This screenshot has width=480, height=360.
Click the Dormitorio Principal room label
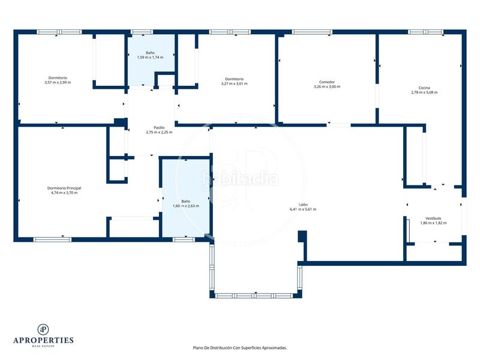click(x=64, y=188)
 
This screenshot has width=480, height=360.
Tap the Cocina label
click(x=424, y=88)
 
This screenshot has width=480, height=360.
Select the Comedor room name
click(x=327, y=82)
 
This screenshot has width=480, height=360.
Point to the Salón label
click(x=303, y=205)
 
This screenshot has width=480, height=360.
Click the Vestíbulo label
click(x=433, y=218)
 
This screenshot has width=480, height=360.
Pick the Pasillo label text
click(x=159, y=128)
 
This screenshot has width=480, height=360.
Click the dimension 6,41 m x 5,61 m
click(x=303, y=209)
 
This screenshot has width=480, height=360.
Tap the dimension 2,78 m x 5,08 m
click(x=424, y=92)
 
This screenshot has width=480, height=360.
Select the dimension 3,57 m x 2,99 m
click(x=58, y=82)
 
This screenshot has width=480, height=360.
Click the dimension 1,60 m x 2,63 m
click(x=186, y=206)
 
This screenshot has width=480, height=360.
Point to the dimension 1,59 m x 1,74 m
click(x=150, y=57)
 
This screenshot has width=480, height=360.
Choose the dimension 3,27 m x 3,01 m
click(x=234, y=83)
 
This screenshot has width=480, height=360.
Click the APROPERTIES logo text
click(x=43, y=340)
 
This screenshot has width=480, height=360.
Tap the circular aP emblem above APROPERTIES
click(x=43, y=329)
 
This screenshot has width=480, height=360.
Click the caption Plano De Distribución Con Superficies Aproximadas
click(x=240, y=348)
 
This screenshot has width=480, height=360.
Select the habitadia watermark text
click(x=241, y=178)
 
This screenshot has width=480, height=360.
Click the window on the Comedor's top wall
click(x=312, y=32)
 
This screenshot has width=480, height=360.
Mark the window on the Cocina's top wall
click(x=425, y=32)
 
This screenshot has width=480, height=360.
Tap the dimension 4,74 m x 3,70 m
click(x=64, y=193)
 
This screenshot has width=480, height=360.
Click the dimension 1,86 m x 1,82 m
click(x=433, y=223)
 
